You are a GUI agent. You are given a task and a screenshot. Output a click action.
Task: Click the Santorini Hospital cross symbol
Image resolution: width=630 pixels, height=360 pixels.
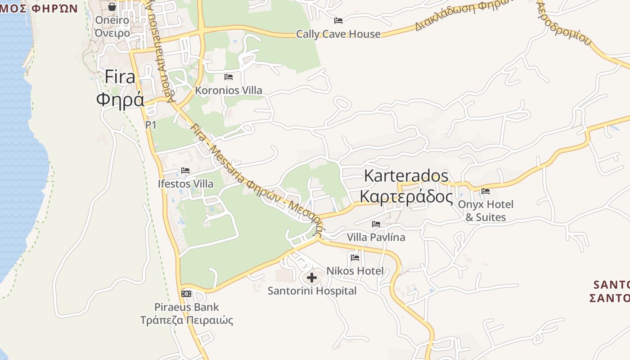(311, 278)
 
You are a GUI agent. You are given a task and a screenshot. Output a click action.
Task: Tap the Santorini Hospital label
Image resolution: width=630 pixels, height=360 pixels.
(312, 291)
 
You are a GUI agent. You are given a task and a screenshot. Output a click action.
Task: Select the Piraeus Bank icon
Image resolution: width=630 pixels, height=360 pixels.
(186, 294)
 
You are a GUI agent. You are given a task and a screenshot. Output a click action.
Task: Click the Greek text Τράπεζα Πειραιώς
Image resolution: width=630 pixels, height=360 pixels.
(187, 320)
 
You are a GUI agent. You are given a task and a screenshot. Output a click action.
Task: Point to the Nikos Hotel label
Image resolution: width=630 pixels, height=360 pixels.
(355, 271)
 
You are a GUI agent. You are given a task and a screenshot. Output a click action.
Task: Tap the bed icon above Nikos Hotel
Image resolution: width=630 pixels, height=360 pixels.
(355, 258)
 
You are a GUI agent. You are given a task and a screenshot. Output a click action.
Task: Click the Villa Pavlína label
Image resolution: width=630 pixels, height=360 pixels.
(376, 237)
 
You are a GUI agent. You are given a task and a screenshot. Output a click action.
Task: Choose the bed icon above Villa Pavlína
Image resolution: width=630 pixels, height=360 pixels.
(376, 224)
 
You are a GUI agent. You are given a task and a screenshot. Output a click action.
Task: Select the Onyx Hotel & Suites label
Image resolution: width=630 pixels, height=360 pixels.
(486, 211)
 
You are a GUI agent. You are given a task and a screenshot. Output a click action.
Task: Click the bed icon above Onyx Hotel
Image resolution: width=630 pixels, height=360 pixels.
(486, 191)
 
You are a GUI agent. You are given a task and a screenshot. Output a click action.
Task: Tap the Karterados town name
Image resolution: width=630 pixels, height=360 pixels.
(406, 175)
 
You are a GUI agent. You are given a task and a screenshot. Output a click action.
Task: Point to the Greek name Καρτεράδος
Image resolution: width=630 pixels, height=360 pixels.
(406, 197)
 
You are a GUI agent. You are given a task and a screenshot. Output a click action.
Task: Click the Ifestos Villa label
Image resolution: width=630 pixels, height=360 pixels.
(185, 184)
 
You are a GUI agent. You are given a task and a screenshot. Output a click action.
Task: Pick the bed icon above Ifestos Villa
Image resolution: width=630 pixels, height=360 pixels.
(185, 171)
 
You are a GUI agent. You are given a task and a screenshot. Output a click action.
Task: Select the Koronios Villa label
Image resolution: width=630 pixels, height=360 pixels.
(228, 90)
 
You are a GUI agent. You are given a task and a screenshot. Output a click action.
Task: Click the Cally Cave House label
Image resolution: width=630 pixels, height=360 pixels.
(338, 34)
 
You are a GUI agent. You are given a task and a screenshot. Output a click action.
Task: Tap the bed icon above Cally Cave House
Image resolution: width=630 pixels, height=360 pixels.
(338, 21)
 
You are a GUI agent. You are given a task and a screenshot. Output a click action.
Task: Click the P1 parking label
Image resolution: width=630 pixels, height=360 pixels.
(151, 125)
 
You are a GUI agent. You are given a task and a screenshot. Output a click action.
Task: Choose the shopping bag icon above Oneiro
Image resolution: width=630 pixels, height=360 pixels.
(112, 7)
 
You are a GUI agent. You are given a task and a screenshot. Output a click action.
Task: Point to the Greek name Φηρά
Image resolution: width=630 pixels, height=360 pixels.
(120, 99)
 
